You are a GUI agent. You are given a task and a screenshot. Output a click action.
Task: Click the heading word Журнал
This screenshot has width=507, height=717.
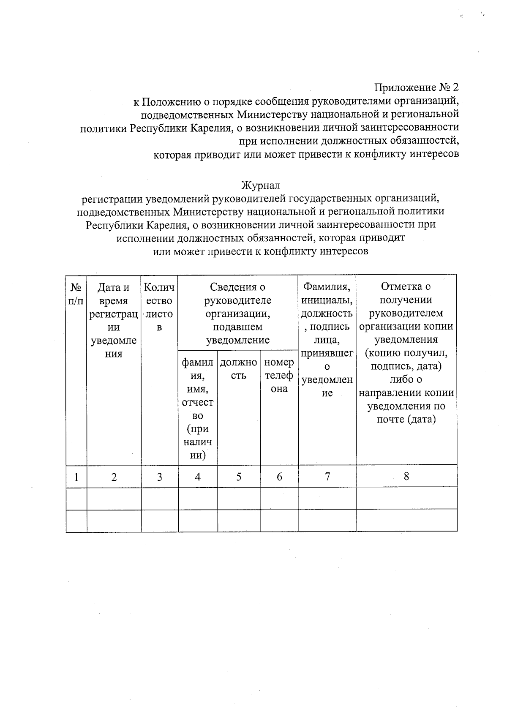pos(260,185)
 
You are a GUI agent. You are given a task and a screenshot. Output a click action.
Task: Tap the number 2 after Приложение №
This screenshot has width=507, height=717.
pos(455,87)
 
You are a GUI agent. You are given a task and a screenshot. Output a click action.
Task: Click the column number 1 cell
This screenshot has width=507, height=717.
pos(76,477)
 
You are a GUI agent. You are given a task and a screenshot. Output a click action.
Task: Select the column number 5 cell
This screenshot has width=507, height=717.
pos(239,477)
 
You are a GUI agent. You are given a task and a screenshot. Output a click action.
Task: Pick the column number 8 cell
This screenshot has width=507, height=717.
pos(406,477)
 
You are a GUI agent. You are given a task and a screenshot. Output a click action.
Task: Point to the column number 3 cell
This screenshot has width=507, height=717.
pos(159,477)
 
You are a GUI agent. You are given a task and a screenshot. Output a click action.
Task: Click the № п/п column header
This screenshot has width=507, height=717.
pos(76,294)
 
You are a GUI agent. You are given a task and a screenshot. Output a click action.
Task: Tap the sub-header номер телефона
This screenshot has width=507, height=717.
pos(279,376)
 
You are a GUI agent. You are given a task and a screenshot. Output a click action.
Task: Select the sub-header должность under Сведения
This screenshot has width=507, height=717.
pos(239,369)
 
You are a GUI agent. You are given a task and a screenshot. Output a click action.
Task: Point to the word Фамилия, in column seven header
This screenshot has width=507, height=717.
pos(327,287)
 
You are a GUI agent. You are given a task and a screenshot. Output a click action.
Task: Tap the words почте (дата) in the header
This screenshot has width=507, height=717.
pos(406,420)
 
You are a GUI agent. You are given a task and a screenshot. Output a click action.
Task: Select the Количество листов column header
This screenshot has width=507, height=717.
pos(159,307)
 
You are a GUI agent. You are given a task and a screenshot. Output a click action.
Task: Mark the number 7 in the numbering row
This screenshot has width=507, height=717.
pos(327,477)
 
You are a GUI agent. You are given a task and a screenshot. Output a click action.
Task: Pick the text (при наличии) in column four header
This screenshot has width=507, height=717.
pos(197,442)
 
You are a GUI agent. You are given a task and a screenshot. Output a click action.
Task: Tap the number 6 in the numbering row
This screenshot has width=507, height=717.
pos(279,477)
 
